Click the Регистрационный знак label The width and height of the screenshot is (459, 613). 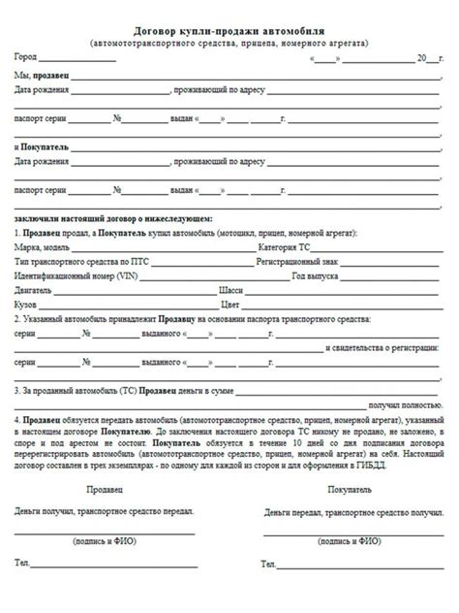coord(275,262)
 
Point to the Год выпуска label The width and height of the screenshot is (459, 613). coord(315,275)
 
